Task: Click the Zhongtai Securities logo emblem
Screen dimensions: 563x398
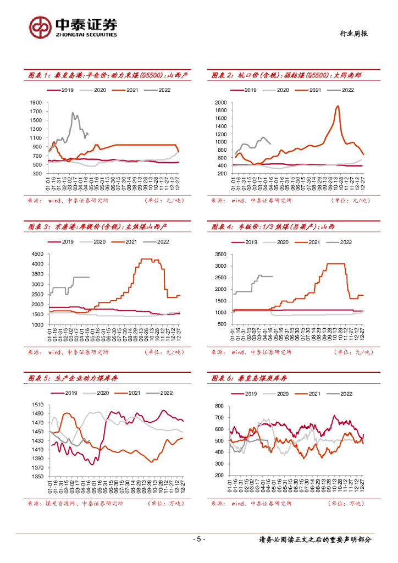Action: click(41, 26)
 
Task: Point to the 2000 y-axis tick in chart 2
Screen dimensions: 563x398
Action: click(221, 103)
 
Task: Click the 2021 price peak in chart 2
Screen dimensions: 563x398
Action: click(338, 106)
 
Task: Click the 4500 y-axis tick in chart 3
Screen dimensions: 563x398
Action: click(37, 253)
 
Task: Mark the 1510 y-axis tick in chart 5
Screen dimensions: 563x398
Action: click(37, 405)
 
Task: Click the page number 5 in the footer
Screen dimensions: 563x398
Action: click(199, 539)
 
